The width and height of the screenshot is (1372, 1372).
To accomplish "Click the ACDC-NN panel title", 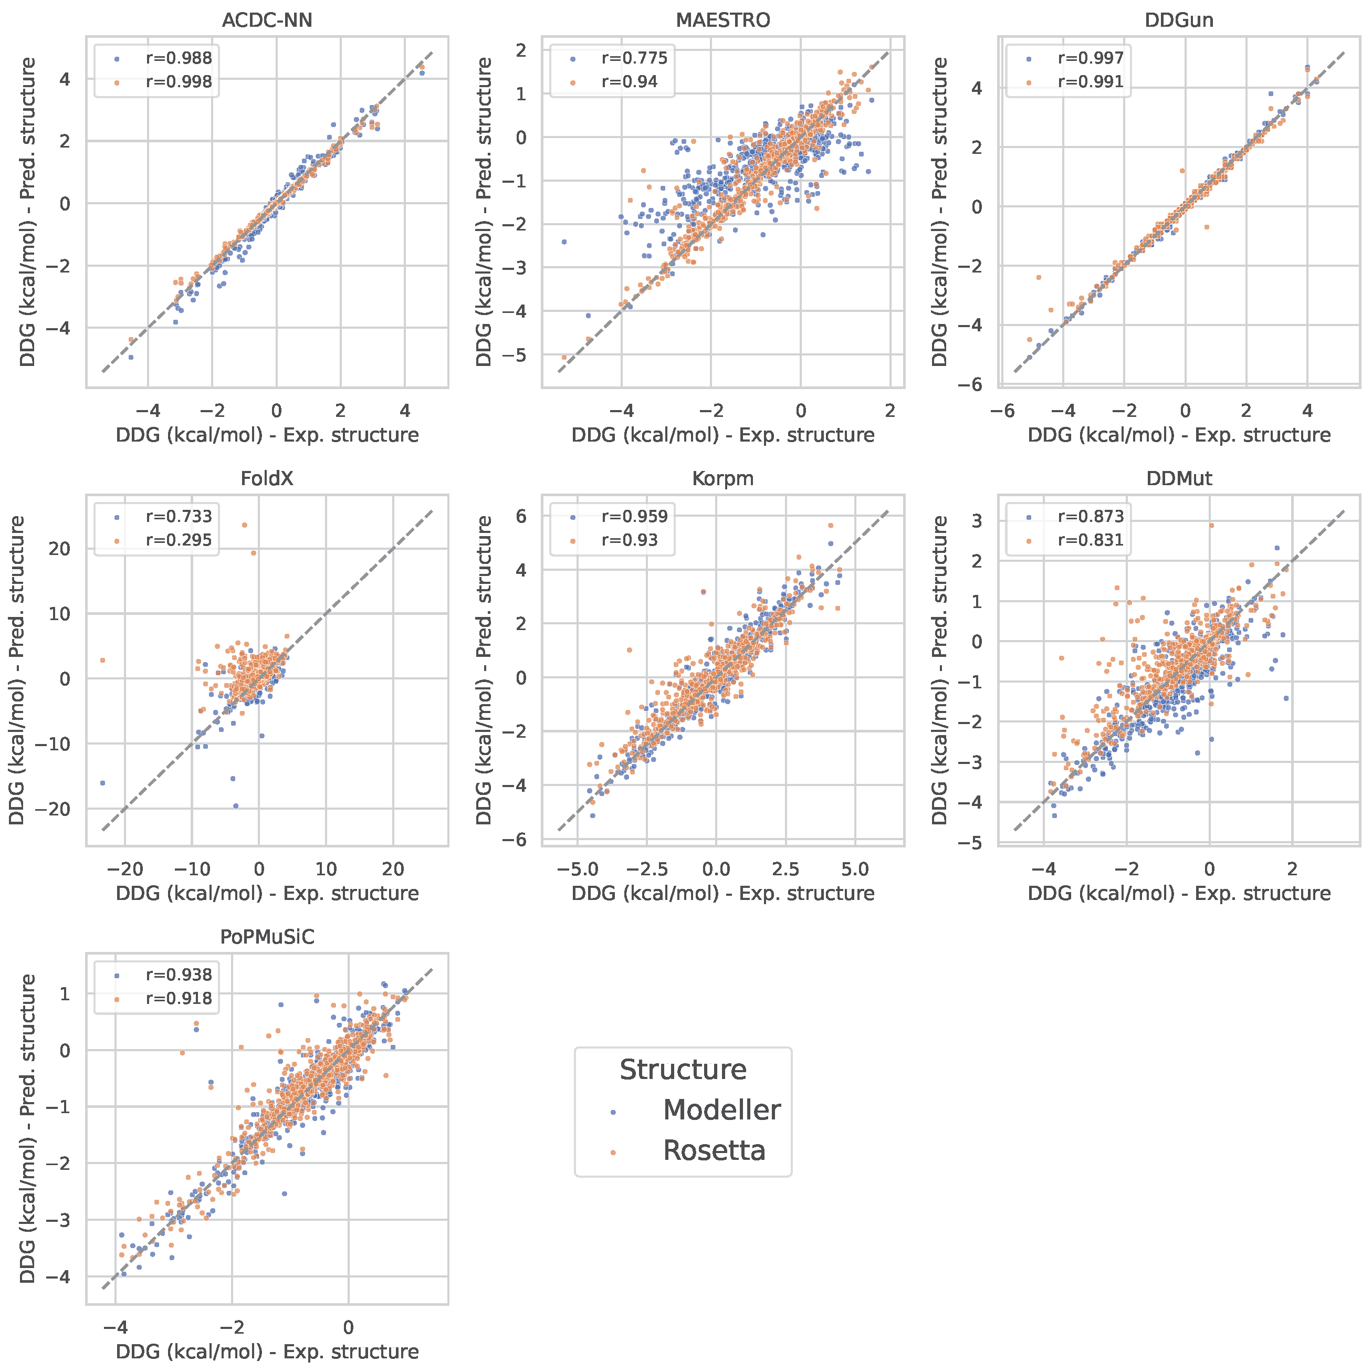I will click(x=267, y=20).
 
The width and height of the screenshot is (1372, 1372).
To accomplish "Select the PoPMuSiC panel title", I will click(x=267, y=937).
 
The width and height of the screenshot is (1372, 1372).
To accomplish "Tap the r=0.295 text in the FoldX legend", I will click(x=178, y=540).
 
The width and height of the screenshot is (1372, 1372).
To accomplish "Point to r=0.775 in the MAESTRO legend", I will click(x=634, y=58).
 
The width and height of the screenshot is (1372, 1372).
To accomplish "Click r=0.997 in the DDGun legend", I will click(x=1090, y=58).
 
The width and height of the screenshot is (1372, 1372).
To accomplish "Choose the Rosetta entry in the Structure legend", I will click(x=714, y=1150).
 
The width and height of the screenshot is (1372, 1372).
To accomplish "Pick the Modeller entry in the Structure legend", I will click(x=721, y=1110).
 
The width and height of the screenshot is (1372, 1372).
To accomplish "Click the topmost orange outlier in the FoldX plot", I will click(x=244, y=525).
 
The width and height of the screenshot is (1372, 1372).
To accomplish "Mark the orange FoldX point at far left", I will click(x=102, y=661).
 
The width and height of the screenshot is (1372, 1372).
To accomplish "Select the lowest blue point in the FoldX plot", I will click(x=236, y=806).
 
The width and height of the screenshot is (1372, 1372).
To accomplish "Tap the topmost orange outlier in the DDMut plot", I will click(x=1211, y=526).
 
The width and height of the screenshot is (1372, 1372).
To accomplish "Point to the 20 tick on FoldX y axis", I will click(x=60, y=548).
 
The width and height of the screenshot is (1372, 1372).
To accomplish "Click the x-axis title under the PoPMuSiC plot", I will click(x=267, y=1352).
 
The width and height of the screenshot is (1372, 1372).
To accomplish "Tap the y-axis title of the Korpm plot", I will click(x=484, y=669).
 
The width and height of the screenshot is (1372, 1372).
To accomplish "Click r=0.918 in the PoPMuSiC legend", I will click(x=178, y=999).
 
